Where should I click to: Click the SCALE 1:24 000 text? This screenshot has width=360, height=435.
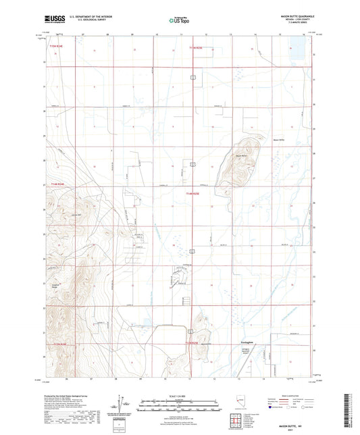(179, 396)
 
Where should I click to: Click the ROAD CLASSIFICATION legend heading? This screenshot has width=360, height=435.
(297, 396)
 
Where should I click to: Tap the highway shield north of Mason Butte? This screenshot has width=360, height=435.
(192, 164)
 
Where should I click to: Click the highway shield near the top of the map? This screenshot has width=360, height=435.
(192, 78)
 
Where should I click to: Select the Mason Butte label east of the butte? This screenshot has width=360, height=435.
(278, 140)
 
